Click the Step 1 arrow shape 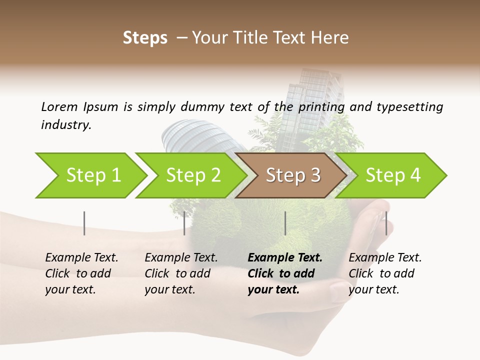(90, 175)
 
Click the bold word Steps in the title (145, 38)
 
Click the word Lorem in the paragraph (59, 106)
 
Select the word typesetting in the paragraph (410, 106)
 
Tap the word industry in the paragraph (66, 125)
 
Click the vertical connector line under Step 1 (84, 223)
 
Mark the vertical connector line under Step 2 (184, 223)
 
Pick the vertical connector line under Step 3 (285, 223)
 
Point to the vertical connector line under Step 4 (386, 223)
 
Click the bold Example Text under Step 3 (285, 258)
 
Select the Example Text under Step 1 (81, 258)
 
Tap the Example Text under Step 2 (181, 258)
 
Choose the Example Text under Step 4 (385, 258)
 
